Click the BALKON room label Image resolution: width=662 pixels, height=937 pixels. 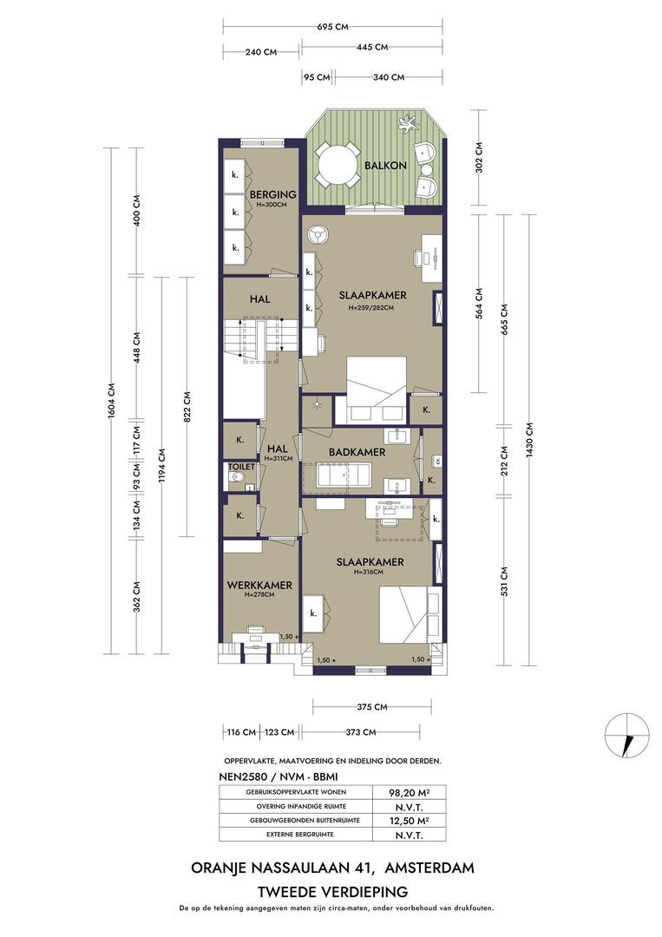385,166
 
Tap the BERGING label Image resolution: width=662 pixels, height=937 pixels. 272,194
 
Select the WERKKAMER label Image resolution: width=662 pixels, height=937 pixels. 259,585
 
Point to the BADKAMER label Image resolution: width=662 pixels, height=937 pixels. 357,452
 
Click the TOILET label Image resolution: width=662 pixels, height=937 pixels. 241,467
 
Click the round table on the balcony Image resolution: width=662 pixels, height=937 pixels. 336,165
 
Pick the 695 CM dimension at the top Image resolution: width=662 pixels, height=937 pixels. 332,27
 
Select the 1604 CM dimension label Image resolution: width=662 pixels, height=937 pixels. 112,400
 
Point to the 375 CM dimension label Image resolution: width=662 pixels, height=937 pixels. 372,707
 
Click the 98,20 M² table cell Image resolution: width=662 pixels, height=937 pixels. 410,792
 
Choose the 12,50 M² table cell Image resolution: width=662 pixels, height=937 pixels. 410,821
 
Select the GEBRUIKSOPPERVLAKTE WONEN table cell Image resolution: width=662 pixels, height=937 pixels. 296,792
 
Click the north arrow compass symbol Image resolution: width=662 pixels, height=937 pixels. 626,736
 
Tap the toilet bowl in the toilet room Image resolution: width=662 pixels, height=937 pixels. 237,479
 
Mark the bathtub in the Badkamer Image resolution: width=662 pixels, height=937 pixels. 338,477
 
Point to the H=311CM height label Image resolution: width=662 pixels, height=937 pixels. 278,459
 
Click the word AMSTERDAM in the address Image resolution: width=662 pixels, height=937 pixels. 430,868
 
